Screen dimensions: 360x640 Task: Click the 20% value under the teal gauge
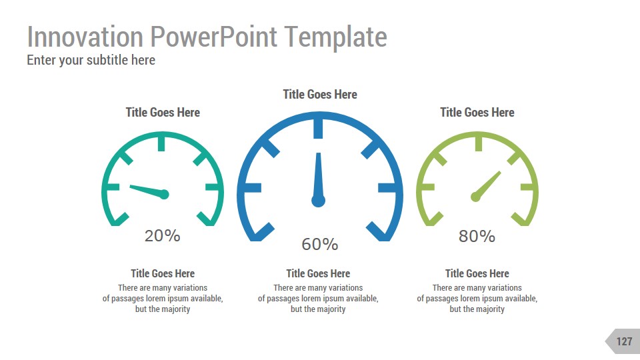[163, 235]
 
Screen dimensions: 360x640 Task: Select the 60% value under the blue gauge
[320, 245]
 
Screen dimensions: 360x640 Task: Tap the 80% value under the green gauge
[477, 236]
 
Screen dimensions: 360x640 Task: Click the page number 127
[624, 341]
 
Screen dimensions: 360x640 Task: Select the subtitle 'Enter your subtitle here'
[91, 60]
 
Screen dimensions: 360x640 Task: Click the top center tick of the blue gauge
[319, 127]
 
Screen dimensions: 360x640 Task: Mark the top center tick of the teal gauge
[162, 143]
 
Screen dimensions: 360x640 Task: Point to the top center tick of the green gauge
[477, 143]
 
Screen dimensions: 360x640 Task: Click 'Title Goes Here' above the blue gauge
[320, 95]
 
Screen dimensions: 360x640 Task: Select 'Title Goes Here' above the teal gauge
[163, 113]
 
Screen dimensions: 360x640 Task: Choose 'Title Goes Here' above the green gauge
[477, 113]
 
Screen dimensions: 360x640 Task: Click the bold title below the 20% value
[163, 273]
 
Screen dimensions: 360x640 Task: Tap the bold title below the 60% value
[318, 273]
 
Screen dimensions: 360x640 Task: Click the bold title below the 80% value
[477, 273]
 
